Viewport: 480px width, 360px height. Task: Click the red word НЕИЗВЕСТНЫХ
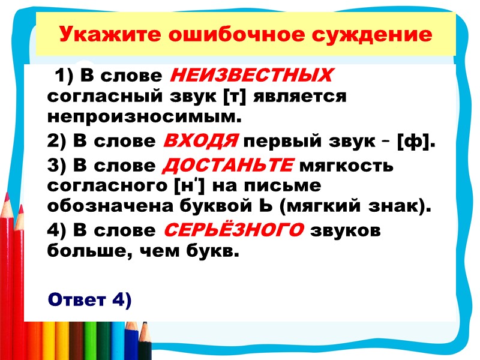(251, 77)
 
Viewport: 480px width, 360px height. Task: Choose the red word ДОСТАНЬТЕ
(229, 165)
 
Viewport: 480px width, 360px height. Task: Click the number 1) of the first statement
(64, 77)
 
